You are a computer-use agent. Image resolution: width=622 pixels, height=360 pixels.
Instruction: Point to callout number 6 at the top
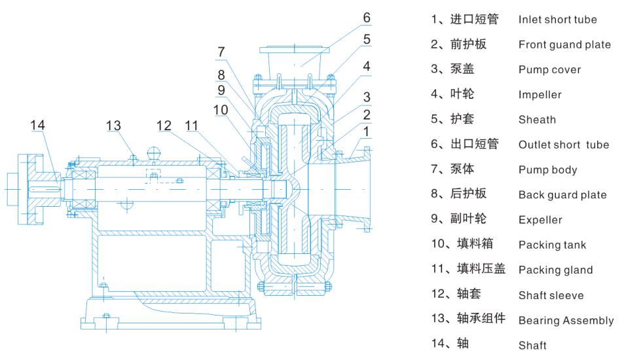(367, 17)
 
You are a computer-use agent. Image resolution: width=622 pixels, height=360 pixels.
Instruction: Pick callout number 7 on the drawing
(222, 52)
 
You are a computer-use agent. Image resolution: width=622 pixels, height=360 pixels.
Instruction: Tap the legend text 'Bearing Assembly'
(566, 321)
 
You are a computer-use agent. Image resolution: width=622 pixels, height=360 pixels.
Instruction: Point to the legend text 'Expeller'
(540, 221)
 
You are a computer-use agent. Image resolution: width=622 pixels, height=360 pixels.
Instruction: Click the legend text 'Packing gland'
(555, 270)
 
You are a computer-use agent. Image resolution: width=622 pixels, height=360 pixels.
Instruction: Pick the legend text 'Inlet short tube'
(557, 20)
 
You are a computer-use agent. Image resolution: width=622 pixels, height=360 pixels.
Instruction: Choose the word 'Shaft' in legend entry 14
(532, 346)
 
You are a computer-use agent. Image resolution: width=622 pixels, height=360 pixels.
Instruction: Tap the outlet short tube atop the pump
(293, 62)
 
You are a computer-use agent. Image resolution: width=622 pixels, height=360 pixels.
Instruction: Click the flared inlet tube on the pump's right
(357, 183)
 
